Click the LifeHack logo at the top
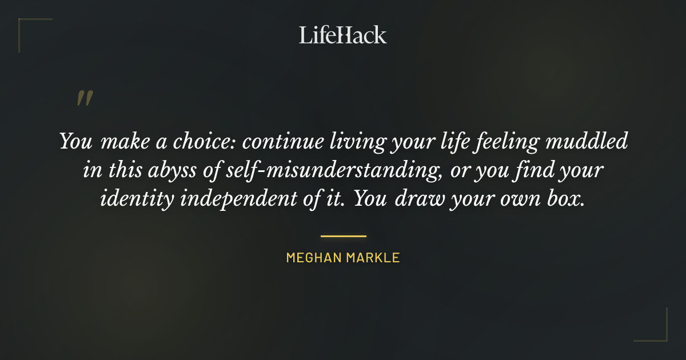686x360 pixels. click(343, 35)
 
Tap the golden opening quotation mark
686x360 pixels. click(84, 99)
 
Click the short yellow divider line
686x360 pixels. click(343, 235)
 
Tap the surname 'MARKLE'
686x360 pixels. click(373, 258)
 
